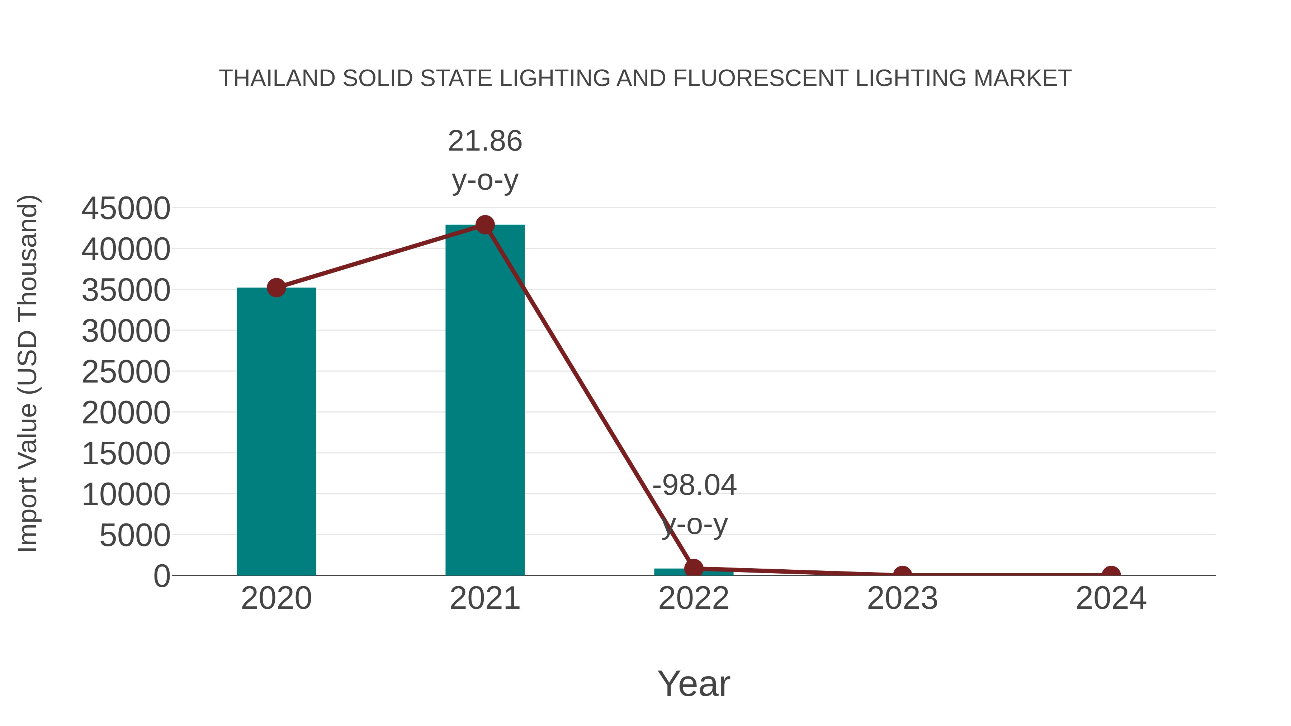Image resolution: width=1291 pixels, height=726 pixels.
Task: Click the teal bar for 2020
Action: pyautogui.click(x=276, y=431)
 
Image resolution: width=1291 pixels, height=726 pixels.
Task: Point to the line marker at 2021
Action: pyautogui.click(x=484, y=225)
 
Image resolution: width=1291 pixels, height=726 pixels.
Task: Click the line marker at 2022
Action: pyautogui.click(x=694, y=568)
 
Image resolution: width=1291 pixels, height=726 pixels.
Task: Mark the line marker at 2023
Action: pyautogui.click(x=902, y=574)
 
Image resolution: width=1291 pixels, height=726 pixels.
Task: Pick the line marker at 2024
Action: pyautogui.click(x=1111, y=574)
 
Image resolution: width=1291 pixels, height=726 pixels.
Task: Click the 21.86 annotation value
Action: pyautogui.click(x=484, y=141)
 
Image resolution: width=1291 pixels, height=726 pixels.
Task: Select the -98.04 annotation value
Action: pyautogui.click(x=694, y=485)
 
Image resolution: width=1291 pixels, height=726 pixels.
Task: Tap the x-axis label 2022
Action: pyautogui.click(x=694, y=598)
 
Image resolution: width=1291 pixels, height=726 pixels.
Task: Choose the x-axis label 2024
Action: pyautogui.click(x=1111, y=598)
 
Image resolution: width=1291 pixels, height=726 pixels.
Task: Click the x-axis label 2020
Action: pyautogui.click(x=276, y=598)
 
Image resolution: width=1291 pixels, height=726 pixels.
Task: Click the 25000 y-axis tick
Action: pyautogui.click(x=126, y=372)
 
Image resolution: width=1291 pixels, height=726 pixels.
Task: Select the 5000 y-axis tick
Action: pyautogui.click(x=135, y=536)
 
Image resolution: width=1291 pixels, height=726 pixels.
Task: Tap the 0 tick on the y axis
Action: pyautogui.click(x=162, y=576)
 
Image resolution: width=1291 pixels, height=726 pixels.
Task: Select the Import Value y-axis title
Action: pyautogui.click(x=28, y=373)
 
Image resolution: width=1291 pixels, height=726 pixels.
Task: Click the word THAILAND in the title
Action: pyautogui.click(x=277, y=78)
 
